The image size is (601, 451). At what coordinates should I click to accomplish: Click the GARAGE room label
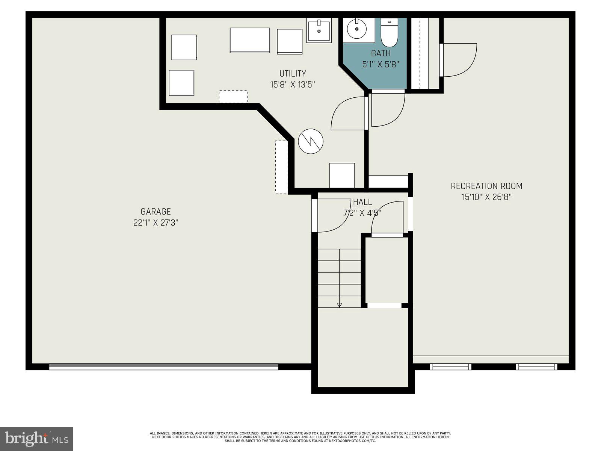click(156, 212)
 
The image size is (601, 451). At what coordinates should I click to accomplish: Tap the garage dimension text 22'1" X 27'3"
click(156, 223)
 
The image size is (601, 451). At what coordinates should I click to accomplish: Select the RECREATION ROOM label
click(486, 186)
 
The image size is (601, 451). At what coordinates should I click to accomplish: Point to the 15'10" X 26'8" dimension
click(486, 197)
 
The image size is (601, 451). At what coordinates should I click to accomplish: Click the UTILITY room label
click(293, 74)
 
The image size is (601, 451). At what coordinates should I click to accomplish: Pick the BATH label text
click(381, 53)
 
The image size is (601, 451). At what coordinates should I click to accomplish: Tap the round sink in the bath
click(356, 29)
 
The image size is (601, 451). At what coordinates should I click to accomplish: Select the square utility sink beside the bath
click(319, 30)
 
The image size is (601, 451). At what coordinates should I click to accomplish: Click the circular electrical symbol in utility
click(311, 141)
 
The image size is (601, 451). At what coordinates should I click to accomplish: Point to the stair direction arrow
click(339, 304)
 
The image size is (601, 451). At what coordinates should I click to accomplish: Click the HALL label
click(362, 202)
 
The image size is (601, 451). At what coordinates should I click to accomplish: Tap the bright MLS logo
click(36, 439)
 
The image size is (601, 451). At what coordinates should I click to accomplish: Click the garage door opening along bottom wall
click(163, 366)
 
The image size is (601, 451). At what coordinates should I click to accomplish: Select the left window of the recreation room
click(450, 366)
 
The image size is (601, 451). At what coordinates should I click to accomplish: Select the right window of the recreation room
click(536, 366)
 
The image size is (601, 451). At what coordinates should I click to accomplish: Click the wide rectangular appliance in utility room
click(250, 40)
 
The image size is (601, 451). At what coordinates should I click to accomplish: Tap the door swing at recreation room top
click(459, 60)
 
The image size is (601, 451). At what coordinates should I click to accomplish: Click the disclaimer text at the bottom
click(300, 437)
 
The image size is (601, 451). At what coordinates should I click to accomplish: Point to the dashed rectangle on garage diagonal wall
click(281, 167)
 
